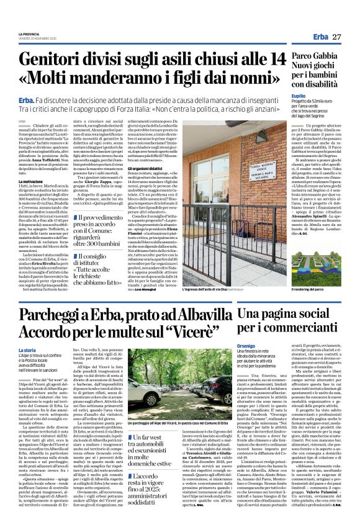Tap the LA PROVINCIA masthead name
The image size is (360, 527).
(29, 34)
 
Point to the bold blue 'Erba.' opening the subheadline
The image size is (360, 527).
(26, 100)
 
